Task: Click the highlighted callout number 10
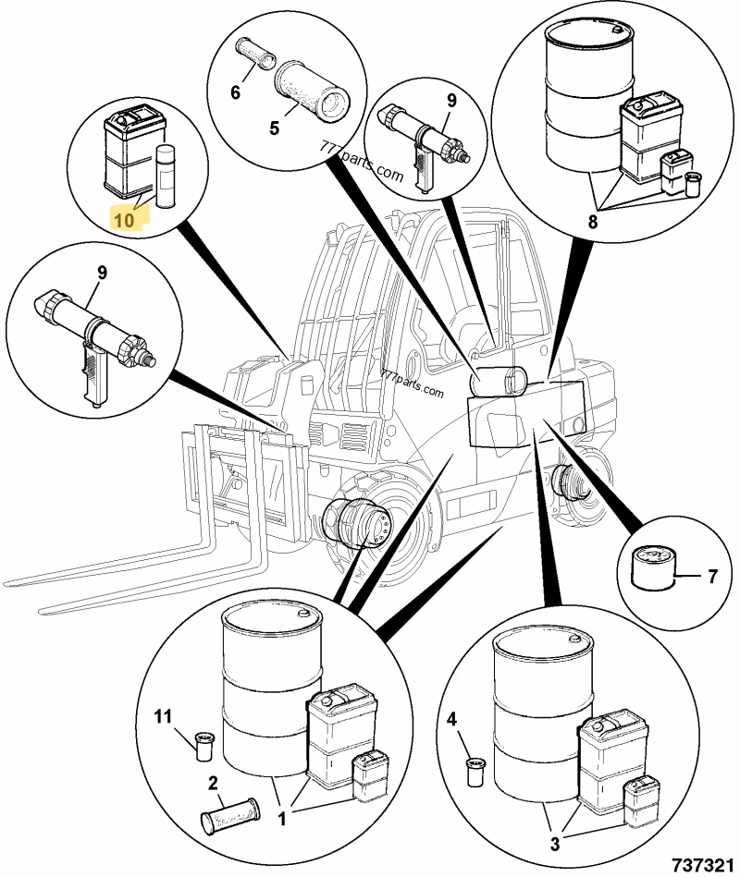pos(123,218)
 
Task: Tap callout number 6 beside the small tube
pos(235,91)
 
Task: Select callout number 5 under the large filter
pos(274,128)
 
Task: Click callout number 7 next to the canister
pos(712,578)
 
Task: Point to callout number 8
pos(593,222)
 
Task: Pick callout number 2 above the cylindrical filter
pos(214,783)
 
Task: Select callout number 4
pos(451,718)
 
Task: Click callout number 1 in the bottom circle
pos(283,816)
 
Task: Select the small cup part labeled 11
pos(204,744)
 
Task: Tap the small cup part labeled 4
pos(475,770)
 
